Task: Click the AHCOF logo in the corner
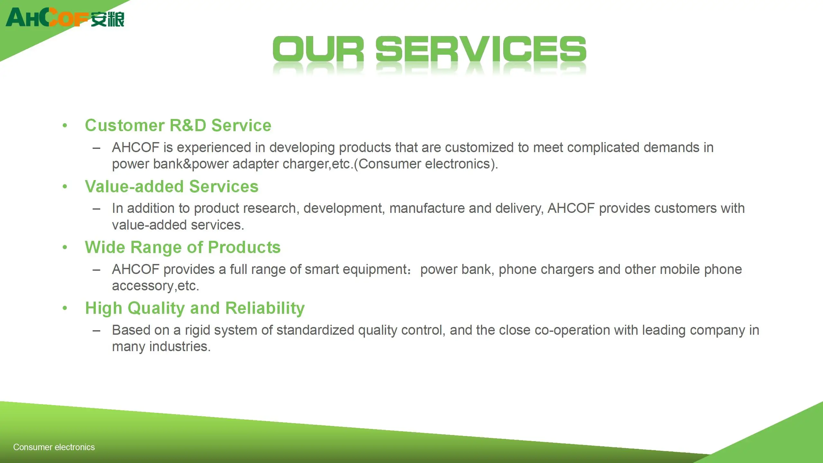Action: pos(47,18)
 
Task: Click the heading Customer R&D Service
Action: pos(178,125)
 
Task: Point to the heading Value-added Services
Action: pos(172,186)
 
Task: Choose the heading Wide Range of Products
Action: pos(183,247)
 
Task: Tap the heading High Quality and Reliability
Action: pos(195,308)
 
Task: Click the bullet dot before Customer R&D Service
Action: pos(65,125)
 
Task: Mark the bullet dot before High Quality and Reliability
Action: pos(65,308)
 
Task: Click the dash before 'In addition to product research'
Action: pos(96,209)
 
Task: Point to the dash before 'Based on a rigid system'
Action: pos(96,331)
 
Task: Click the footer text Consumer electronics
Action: pos(54,447)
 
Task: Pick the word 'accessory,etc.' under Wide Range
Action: pos(156,286)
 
